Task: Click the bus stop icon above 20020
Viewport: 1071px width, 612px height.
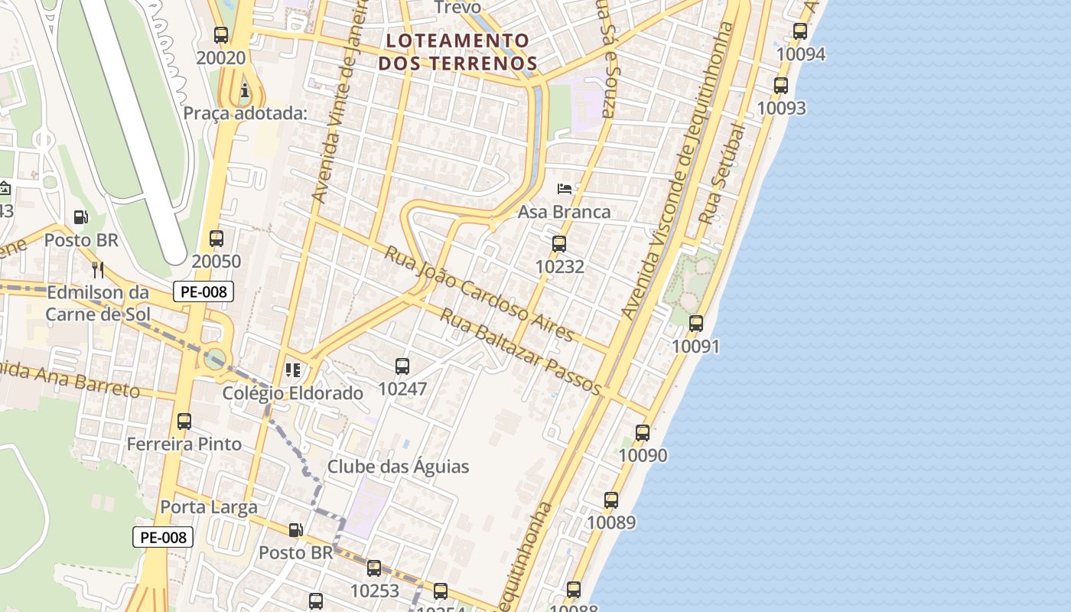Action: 221,34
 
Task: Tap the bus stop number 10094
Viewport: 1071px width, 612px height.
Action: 800,54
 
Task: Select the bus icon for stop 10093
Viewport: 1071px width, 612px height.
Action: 781,86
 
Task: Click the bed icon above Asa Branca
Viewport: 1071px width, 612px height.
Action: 565,188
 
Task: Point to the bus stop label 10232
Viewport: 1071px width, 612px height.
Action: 559,267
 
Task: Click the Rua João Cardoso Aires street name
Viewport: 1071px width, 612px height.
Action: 479,293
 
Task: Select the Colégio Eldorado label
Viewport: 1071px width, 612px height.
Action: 292,393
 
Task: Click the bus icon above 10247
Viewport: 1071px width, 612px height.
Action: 402,366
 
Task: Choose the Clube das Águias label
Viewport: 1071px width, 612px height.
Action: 398,467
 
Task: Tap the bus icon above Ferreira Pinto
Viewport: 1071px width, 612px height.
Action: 184,422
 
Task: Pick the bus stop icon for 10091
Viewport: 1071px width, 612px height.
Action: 696,324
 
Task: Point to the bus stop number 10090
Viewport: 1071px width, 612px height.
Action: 642,456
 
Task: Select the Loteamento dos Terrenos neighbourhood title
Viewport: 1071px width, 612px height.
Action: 457,51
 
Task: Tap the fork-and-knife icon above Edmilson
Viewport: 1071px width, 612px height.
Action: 97,269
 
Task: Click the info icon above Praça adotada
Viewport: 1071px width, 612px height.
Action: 245,91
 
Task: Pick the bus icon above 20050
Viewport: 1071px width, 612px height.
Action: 216,238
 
